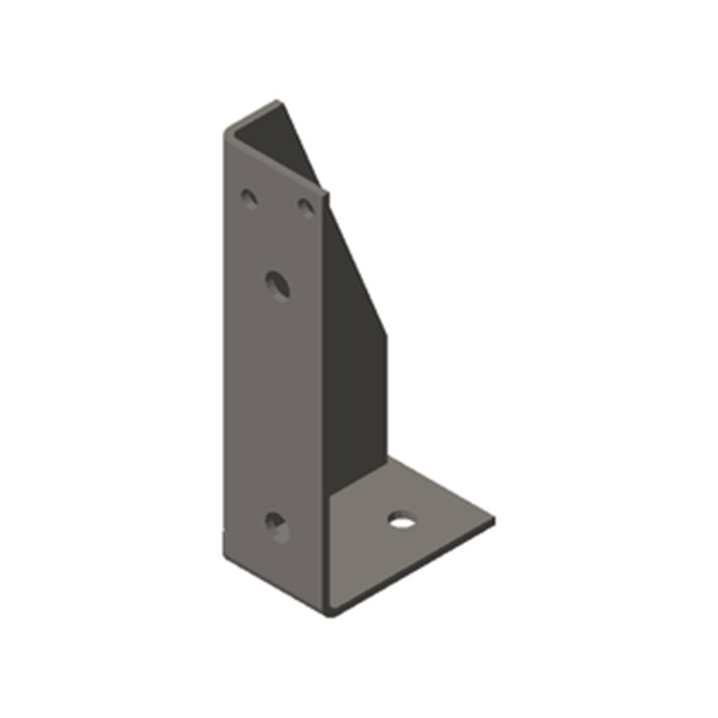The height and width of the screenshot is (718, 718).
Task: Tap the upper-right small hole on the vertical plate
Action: pyautogui.click(x=306, y=206)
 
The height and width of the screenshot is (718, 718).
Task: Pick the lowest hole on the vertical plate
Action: pyautogui.click(x=277, y=526)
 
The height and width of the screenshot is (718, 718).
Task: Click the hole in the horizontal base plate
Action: pyautogui.click(x=403, y=520)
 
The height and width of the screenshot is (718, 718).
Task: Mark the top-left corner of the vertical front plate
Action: pyautogui.click(x=227, y=132)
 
